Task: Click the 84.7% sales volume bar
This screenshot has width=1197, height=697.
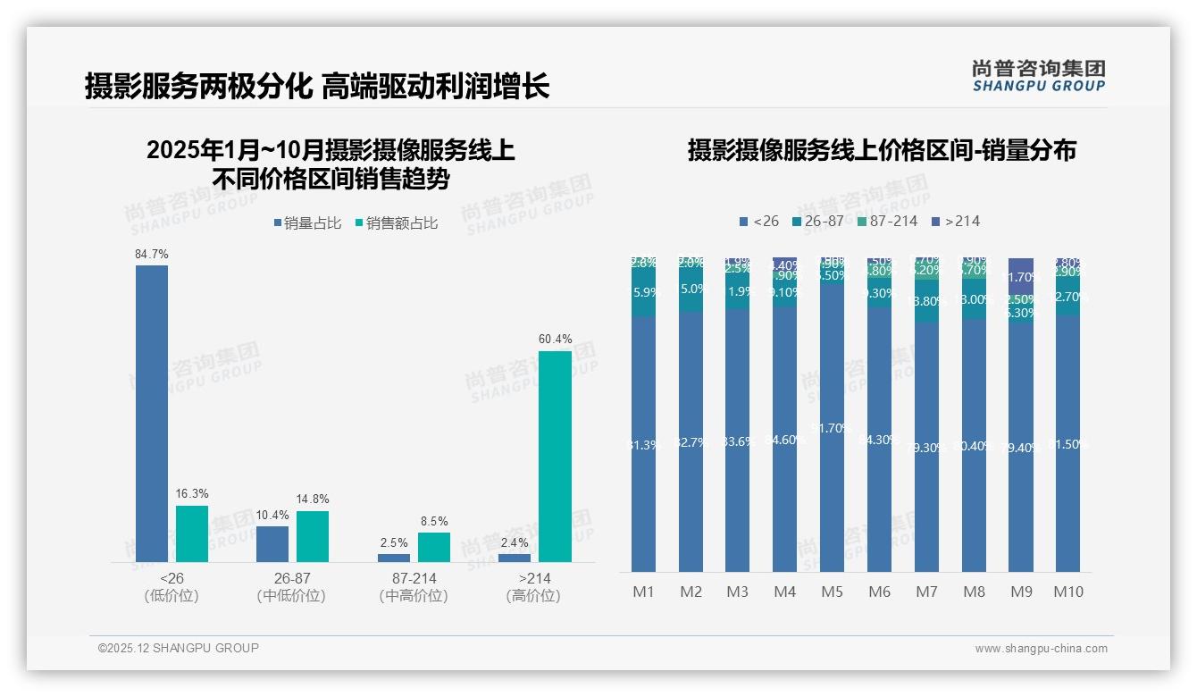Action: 152,413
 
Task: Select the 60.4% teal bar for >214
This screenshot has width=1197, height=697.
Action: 555,456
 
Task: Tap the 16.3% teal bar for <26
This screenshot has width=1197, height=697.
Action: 192,533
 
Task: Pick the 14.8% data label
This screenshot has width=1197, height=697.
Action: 313,499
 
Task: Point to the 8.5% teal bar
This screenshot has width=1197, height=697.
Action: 434,547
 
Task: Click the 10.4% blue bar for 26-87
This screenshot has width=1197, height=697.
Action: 272,543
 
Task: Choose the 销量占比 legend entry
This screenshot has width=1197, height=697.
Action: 307,223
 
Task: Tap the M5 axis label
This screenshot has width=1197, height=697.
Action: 832,592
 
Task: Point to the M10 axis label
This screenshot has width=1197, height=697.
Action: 1067,592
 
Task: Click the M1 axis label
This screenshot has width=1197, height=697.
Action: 643,592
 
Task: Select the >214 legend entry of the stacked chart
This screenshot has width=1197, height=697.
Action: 955,221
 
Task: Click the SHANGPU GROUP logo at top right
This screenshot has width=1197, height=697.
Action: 1038,76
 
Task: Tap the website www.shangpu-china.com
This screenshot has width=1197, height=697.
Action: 1041,649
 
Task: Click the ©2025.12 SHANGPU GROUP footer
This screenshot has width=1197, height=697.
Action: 179,648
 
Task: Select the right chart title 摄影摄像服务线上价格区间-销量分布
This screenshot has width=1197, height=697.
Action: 882,150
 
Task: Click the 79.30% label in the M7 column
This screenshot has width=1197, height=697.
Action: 926,447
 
